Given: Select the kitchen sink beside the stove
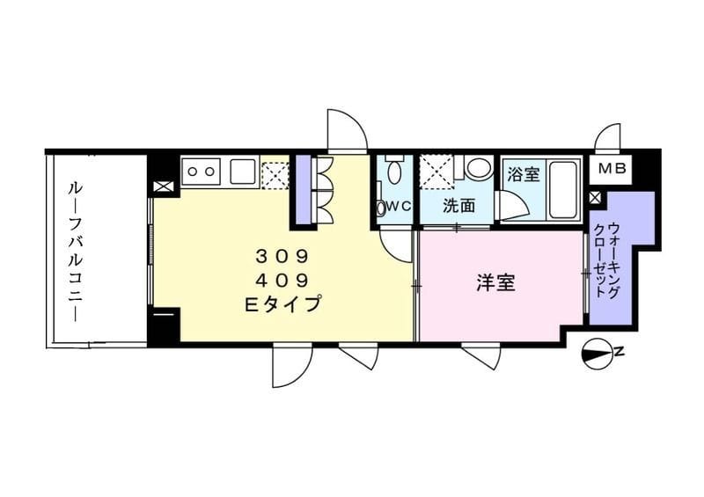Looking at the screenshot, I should (244, 171).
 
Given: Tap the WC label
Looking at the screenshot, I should (396, 208).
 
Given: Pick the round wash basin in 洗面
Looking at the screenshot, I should (479, 167).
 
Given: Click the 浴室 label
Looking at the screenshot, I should (524, 174).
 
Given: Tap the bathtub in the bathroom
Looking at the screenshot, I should (563, 190).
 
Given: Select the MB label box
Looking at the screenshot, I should (612, 169).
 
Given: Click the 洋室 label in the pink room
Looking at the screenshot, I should (496, 284).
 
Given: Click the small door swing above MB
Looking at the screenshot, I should (608, 138).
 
